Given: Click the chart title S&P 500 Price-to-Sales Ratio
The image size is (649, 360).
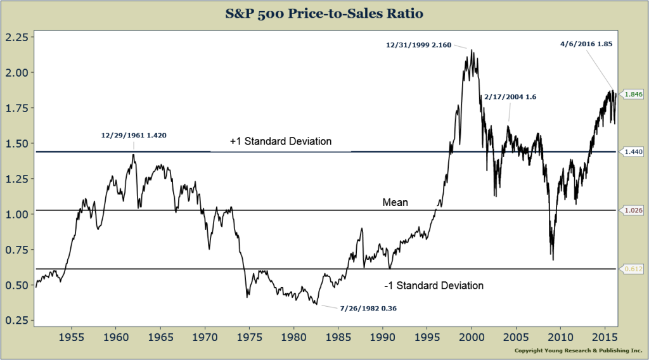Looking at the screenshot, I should [324, 12].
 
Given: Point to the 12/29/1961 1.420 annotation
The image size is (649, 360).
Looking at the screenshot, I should [134, 135].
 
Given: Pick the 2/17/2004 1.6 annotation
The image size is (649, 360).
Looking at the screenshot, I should [510, 97].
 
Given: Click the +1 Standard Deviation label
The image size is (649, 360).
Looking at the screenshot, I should [280, 141].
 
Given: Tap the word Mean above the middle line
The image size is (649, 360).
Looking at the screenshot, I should [395, 203].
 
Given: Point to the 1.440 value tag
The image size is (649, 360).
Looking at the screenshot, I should [633, 152].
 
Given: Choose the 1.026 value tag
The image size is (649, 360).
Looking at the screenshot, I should [633, 210].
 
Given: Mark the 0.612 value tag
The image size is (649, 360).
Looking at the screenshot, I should [633, 269].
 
